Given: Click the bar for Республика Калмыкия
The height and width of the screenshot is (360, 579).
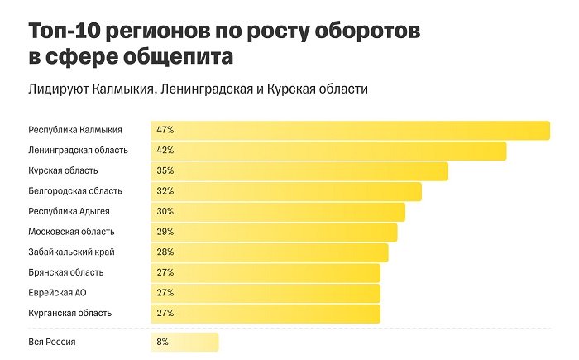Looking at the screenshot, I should pos(351,130).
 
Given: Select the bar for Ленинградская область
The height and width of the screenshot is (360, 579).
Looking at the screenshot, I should pos(328,151).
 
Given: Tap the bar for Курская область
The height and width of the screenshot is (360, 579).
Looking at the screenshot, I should pos(299,170).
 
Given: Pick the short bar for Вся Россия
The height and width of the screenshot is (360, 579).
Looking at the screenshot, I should pos(184,342).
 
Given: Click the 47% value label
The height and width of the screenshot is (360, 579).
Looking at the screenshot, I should pos(165,130).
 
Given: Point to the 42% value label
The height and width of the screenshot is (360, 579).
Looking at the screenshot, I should pos(165,151).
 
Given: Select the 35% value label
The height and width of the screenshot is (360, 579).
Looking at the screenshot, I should pos(165,170).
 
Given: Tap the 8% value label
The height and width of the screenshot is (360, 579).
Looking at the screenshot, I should pos(162,342).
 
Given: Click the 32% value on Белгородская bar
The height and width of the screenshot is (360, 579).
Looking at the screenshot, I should pos(165,191).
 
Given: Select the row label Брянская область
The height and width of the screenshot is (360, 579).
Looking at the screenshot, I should pos(65,272).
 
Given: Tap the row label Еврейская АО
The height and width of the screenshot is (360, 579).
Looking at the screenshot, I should pos(58,293).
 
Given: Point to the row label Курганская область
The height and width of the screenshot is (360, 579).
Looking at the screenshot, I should pos(69,313).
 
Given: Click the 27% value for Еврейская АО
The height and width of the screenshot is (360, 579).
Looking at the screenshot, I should pos(165,293).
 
